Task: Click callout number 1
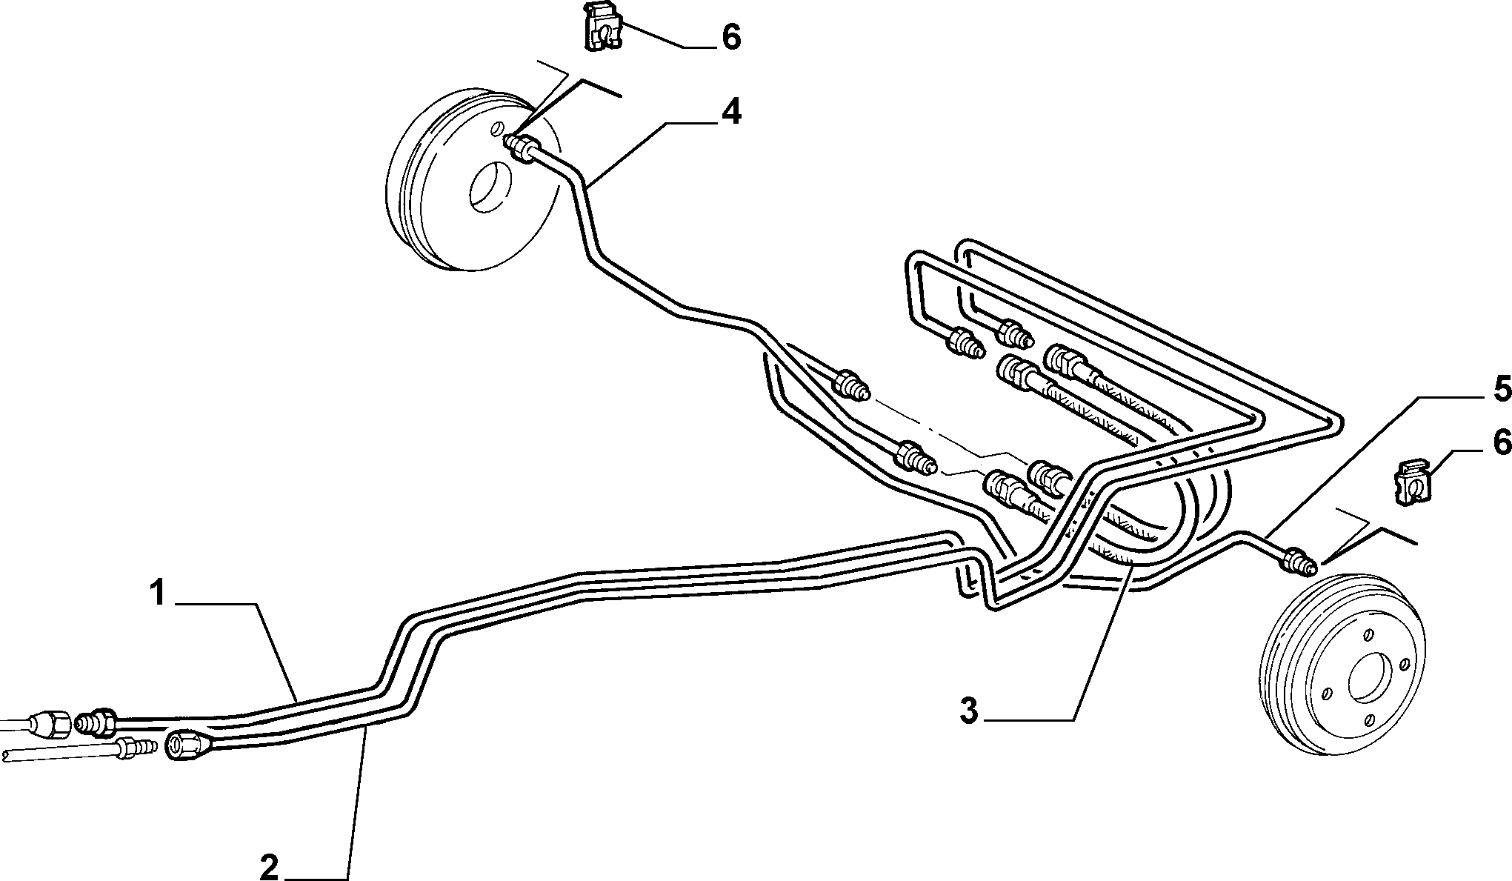click(157, 594)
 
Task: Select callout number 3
click(969, 712)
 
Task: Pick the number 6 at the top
click(731, 37)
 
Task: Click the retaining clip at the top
click(602, 27)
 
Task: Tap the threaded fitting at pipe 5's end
click(1298, 560)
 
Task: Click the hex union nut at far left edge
click(51, 722)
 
